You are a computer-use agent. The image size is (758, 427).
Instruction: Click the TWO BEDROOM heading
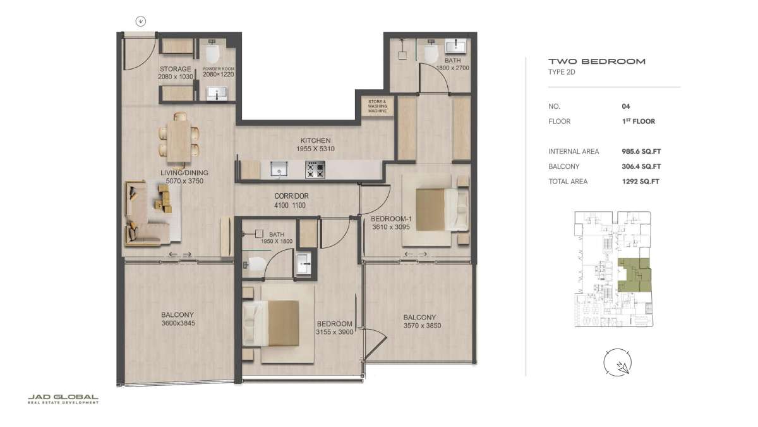click(x=597, y=61)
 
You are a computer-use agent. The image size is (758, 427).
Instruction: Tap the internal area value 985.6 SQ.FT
click(x=641, y=151)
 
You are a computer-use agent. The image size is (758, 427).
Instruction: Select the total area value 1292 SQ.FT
click(x=641, y=182)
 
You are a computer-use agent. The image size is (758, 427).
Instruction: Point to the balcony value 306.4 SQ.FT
click(x=641, y=166)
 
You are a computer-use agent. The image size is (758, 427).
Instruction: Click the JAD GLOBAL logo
click(x=63, y=399)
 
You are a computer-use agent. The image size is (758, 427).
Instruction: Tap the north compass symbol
click(x=618, y=362)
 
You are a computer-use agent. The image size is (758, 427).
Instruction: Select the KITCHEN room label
click(x=315, y=140)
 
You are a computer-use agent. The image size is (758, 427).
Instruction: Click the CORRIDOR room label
click(x=291, y=196)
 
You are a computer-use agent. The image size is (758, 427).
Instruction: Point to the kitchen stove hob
click(x=315, y=170)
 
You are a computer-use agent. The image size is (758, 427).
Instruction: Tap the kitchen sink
click(x=279, y=169)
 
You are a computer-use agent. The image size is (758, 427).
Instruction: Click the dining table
click(x=179, y=141)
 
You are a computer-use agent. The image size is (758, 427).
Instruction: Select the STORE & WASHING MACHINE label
click(x=377, y=106)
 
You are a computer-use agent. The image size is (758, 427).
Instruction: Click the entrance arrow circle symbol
click(x=141, y=22)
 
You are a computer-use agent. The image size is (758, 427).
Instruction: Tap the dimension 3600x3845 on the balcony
click(x=178, y=323)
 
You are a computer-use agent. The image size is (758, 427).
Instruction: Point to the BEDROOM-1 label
click(x=391, y=219)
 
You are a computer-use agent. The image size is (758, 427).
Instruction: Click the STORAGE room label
click(x=176, y=69)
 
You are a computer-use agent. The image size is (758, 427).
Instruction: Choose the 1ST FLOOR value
click(x=639, y=121)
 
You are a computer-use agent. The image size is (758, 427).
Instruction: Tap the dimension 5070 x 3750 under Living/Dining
click(x=184, y=181)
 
